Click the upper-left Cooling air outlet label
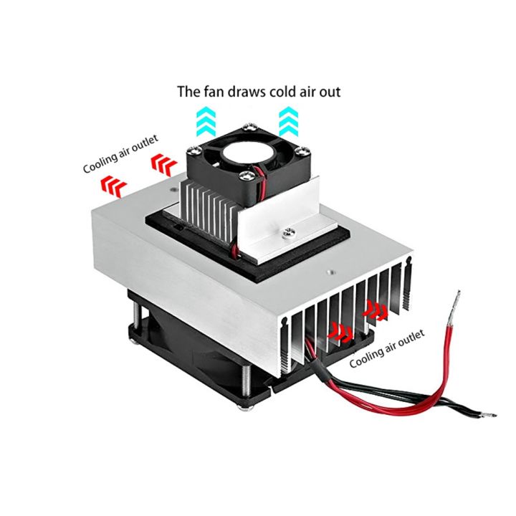point(120,156)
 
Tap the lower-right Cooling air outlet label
point(386,348)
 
